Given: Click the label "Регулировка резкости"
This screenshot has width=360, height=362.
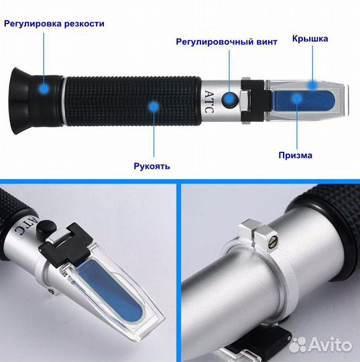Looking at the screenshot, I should point(54,23).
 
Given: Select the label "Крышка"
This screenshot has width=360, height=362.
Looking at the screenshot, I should point(310,39).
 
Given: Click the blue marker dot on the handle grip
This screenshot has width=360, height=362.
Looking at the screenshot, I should point(154,106).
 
